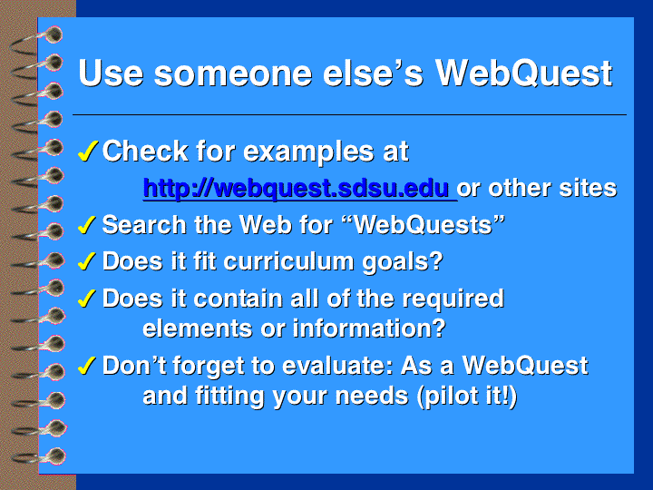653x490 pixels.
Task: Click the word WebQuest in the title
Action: [523, 73]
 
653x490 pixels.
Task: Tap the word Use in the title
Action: [111, 73]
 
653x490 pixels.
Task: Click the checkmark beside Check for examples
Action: [88, 151]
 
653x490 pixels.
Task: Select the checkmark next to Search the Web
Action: [87, 225]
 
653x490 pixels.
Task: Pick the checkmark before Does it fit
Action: [87, 261]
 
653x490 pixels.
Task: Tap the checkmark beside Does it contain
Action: [87, 299]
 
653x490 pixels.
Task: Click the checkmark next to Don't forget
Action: [87, 366]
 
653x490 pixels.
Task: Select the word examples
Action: [308, 152]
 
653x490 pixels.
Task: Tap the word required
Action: [453, 299]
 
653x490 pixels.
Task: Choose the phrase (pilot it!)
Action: [467, 396]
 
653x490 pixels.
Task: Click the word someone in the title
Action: [233, 73]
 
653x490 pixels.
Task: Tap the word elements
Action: [198, 328]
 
